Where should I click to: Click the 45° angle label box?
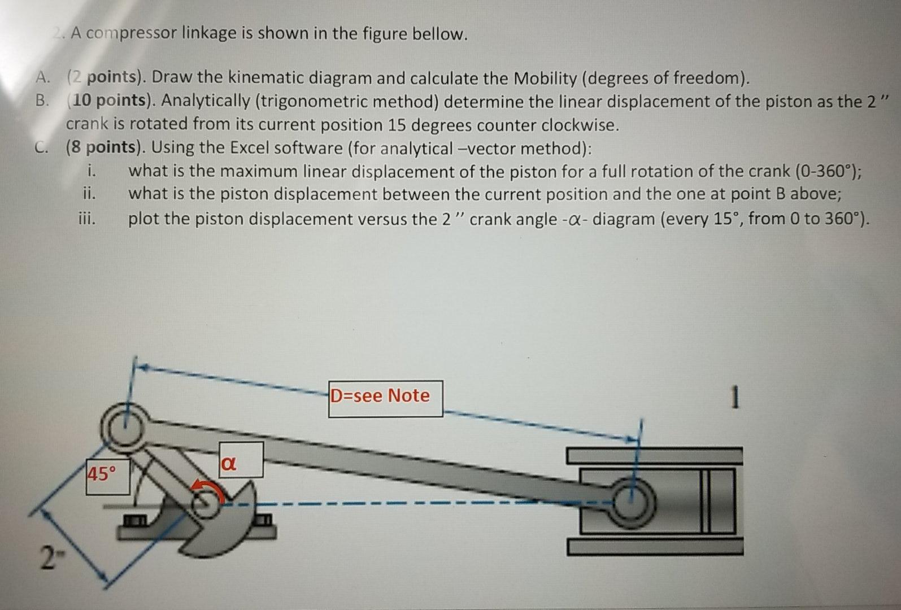click(107, 476)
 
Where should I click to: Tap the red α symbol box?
click(240, 460)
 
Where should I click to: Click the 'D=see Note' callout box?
click(385, 398)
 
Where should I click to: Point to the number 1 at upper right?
click(734, 398)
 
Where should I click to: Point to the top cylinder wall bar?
click(654, 455)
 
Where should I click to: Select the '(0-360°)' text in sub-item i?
click(828, 171)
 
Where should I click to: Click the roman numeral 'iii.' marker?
click(87, 219)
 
